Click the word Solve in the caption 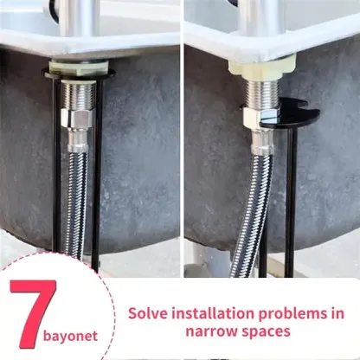[x=151, y=312]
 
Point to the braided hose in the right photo [x=252, y=208]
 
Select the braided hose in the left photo [x=76, y=208]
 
